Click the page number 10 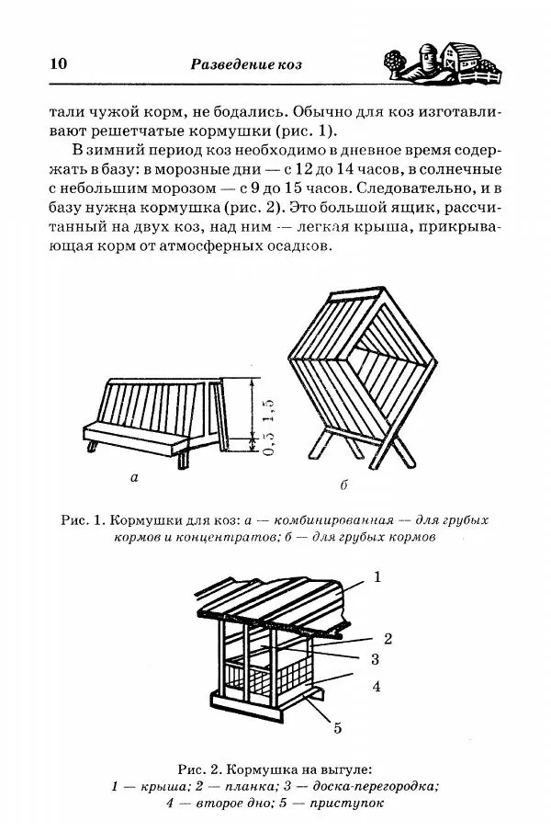[54, 64]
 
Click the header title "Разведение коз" [245, 64]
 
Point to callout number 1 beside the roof [377, 576]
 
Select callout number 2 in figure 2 [388, 638]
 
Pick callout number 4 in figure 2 [377, 686]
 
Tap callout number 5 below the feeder [337, 728]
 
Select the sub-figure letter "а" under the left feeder [134, 477]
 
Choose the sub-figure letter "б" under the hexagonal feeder [343, 484]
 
